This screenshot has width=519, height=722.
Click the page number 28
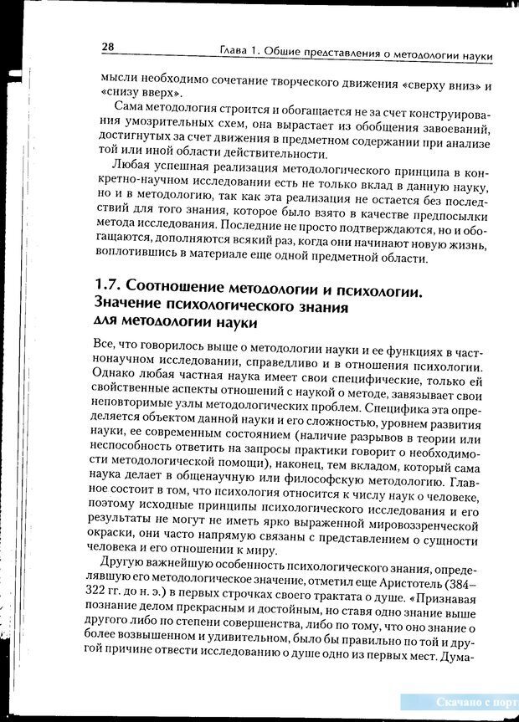(x=107, y=47)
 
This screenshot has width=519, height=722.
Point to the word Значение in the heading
(x=136, y=306)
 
